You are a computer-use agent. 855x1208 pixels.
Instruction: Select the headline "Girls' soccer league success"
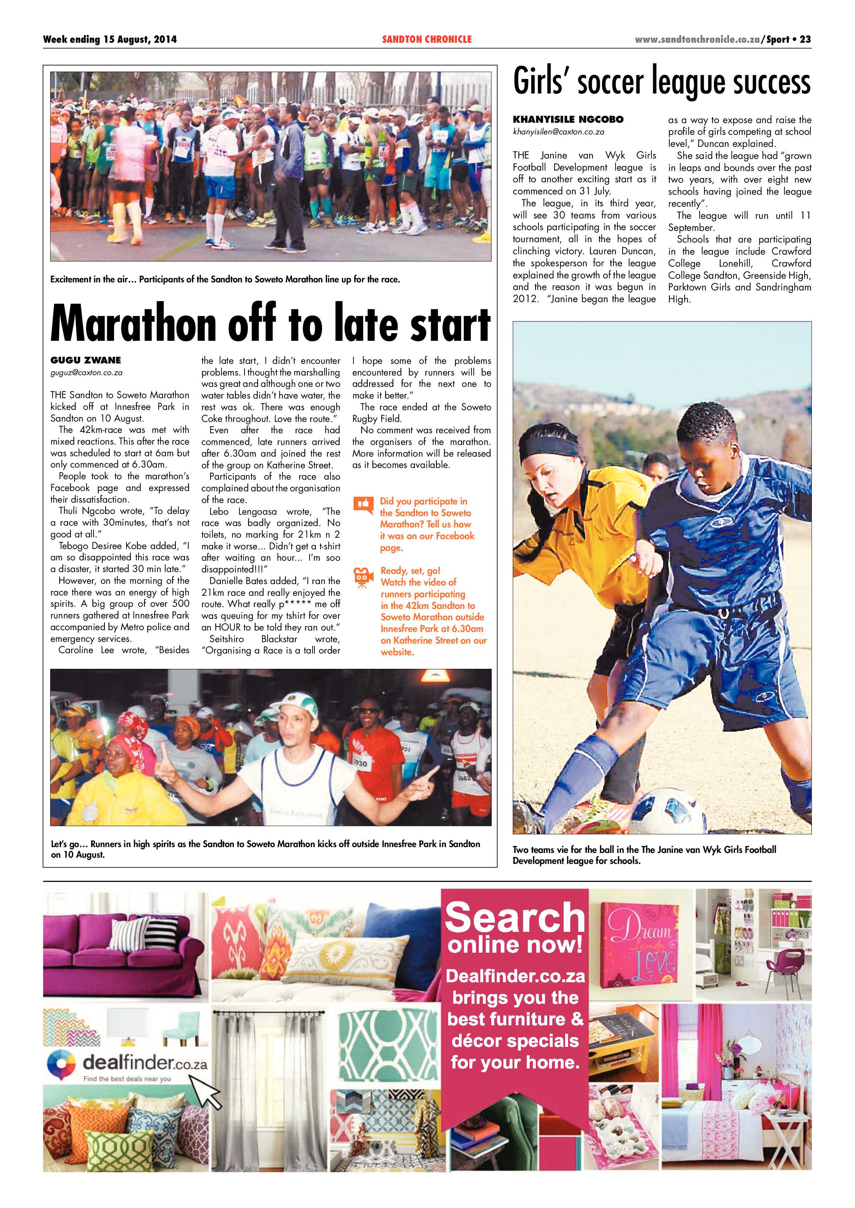tap(661, 82)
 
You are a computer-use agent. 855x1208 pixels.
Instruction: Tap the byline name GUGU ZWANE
tap(85, 361)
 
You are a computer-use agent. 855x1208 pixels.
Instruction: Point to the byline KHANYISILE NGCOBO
tap(568, 119)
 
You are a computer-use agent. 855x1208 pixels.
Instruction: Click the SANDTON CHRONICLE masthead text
tap(427, 39)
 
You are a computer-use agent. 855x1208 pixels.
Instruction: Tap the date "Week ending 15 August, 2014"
tap(110, 39)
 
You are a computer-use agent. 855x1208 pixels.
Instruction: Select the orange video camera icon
tap(362, 578)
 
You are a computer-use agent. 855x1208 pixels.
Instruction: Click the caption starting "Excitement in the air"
tap(225, 279)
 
